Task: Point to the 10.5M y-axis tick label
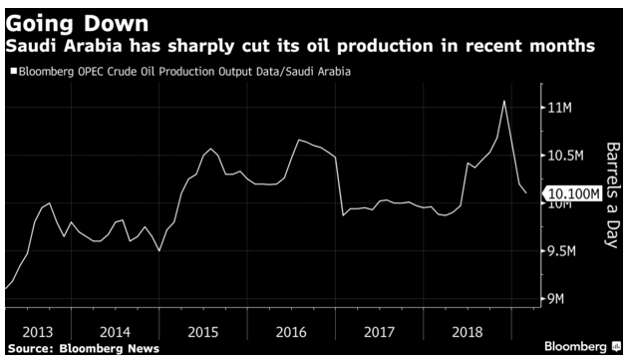coord(560,155)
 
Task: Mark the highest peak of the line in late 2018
coord(504,100)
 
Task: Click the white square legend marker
coord(13,71)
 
